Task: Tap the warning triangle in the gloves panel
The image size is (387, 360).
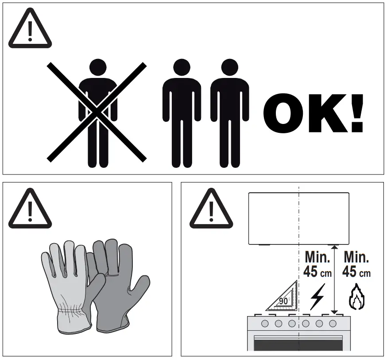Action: (30, 209)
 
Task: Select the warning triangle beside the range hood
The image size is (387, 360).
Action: (211, 209)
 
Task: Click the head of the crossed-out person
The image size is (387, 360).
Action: (98, 69)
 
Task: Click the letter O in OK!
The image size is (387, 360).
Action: (285, 113)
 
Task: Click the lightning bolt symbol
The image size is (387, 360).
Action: (316, 297)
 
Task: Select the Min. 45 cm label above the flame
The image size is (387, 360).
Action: (357, 264)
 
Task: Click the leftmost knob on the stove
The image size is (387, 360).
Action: (265, 324)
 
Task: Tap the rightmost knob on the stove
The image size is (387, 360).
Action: (333, 324)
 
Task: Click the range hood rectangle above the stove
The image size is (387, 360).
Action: (298, 218)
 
